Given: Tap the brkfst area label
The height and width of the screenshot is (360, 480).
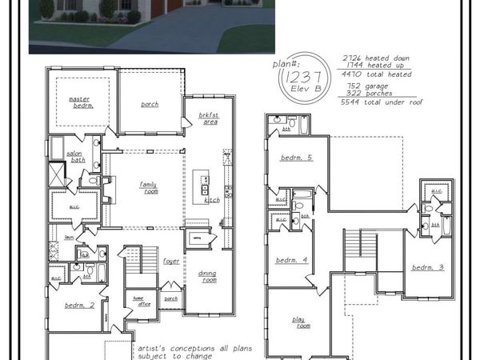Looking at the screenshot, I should [209, 118].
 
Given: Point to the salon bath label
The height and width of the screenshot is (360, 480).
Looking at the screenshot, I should [76, 157].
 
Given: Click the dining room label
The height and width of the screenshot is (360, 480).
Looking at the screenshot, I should [207, 277].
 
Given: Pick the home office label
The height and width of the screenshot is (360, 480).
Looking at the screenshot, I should [143, 300].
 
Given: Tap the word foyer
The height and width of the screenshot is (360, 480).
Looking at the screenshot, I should [171, 262].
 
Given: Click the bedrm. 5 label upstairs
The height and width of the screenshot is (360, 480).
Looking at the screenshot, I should [296, 158].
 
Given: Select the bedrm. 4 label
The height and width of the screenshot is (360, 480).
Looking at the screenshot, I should [291, 261].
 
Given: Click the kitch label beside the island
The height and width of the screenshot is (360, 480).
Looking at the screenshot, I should [213, 199].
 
